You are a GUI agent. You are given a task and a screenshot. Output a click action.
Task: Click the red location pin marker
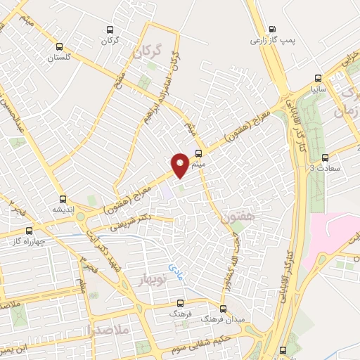180,165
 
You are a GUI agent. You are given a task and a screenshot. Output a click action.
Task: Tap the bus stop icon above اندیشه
64,198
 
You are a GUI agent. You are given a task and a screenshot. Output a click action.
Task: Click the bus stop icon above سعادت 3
324,157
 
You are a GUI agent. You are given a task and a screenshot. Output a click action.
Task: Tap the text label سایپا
319,90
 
